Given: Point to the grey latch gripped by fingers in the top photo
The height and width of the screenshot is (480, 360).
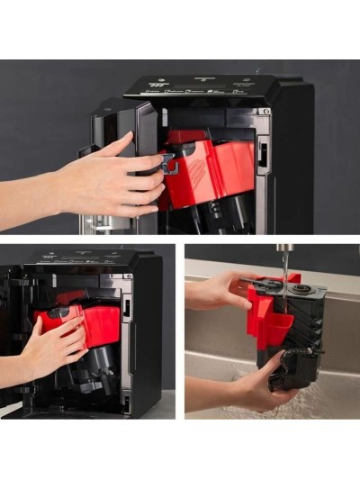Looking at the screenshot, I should (x=167, y=162).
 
